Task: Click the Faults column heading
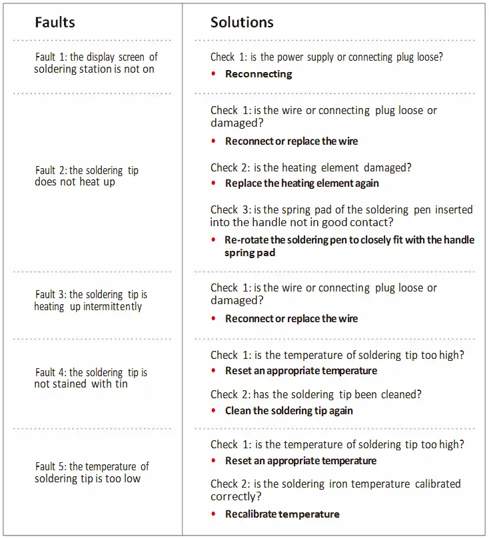tap(55, 23)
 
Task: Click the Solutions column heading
tap(242, 23)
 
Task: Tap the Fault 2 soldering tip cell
tap(87, 176)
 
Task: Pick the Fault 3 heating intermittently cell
tap(91, 300)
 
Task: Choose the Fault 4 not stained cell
tap(91, 378)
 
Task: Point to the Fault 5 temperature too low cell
tap(91, 472)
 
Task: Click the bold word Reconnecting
tap(258, 74)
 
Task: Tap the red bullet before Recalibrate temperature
tap(213, 514)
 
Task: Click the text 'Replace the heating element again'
tap(302, 183)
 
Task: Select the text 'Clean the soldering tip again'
tap(289, 411)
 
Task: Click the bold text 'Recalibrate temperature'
tap(282, 514)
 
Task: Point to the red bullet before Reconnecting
tap(213, 73)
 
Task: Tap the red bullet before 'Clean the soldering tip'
tap(213, 410)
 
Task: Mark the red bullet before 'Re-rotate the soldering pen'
tap(213, 239)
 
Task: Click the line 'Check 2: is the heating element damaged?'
tap(311, 167)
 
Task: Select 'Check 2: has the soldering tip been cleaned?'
tap(316, 394)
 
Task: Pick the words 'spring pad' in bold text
tap(250, 253)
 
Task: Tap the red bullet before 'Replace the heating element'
tap(213, 183)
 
